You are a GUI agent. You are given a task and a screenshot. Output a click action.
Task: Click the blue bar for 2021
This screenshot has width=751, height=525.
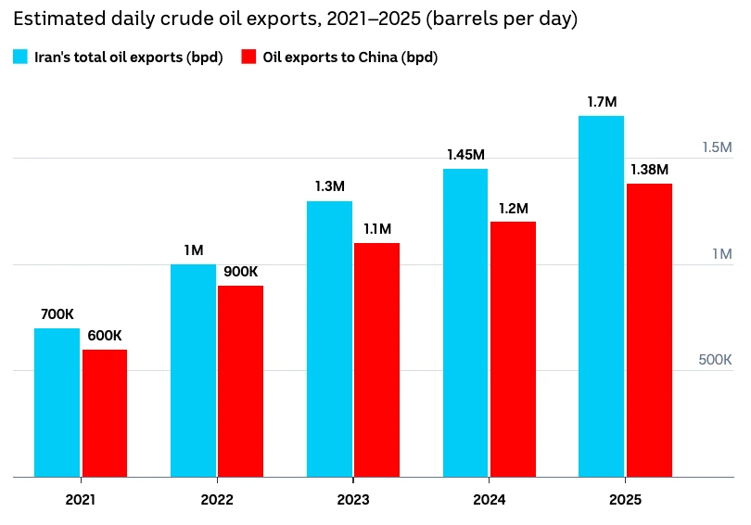click(57, 403)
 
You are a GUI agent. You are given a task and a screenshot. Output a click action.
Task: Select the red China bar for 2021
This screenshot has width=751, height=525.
click(105, 414)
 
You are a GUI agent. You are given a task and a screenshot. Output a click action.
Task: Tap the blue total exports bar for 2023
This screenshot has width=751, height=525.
click(329, 339)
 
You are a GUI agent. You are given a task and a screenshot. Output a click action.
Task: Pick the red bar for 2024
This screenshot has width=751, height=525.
click(513, 349)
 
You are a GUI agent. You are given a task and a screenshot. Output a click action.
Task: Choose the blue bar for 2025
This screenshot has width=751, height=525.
click(601, 297)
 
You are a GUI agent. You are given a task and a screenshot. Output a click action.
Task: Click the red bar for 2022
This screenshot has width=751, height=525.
click(240, 381)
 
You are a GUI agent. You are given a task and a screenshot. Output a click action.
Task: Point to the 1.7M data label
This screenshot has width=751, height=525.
click(602, 102)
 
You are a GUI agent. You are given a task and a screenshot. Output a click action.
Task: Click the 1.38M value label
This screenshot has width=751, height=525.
click(649, 170)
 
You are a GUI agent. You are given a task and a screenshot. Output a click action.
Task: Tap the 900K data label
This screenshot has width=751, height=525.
click(240, 272)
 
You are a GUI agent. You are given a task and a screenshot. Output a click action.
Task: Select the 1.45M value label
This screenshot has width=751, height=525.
click(466, 155)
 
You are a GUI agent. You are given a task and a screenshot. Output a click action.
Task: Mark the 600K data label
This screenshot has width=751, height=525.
click(105, 335)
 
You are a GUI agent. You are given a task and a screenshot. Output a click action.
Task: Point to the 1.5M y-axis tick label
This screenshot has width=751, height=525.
click(717, 147)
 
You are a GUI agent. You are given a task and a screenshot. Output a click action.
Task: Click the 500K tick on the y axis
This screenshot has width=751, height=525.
click(715, 360)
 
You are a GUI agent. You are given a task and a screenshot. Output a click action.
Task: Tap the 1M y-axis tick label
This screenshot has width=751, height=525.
click(722, 254)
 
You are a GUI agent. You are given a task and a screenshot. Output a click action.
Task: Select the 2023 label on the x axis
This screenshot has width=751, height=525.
click(353, 500)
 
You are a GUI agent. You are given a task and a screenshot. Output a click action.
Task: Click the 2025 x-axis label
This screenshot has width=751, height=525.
click(625, 500)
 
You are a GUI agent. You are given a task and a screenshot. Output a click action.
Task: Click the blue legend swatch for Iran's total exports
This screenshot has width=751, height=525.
click(20, 57)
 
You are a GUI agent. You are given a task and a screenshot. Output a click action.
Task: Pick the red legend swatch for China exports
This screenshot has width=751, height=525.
click(248, 57)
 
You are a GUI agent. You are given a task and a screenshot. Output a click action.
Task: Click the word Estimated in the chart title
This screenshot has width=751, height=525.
click(59, 19)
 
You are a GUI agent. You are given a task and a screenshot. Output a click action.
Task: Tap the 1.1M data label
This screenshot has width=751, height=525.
click(377, 229)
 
